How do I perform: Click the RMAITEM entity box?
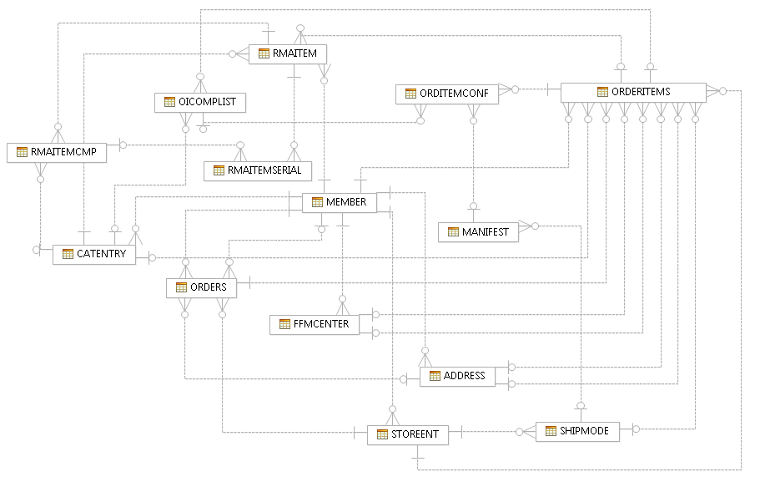[288, 53]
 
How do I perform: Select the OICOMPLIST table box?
[199, 102]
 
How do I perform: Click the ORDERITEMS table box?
[633, 92]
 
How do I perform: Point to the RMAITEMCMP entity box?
[57, 152]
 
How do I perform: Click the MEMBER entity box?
[339, 202]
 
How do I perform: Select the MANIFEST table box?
[478, 232]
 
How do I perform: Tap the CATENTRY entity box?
[94, 254]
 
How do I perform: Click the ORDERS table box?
[201, 287]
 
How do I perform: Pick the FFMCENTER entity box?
[315, 323]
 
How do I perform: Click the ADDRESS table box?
[457, 376]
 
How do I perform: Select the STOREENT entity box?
[408, 434]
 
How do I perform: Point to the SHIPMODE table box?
[577, 431]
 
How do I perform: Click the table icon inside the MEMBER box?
[317, 202]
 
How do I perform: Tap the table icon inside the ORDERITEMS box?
[603, 92]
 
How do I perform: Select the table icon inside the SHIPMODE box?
[551, 431]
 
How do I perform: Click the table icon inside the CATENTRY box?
[68, 254]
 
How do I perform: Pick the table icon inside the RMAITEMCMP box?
[22, 152]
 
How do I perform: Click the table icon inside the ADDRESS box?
[435, 376]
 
